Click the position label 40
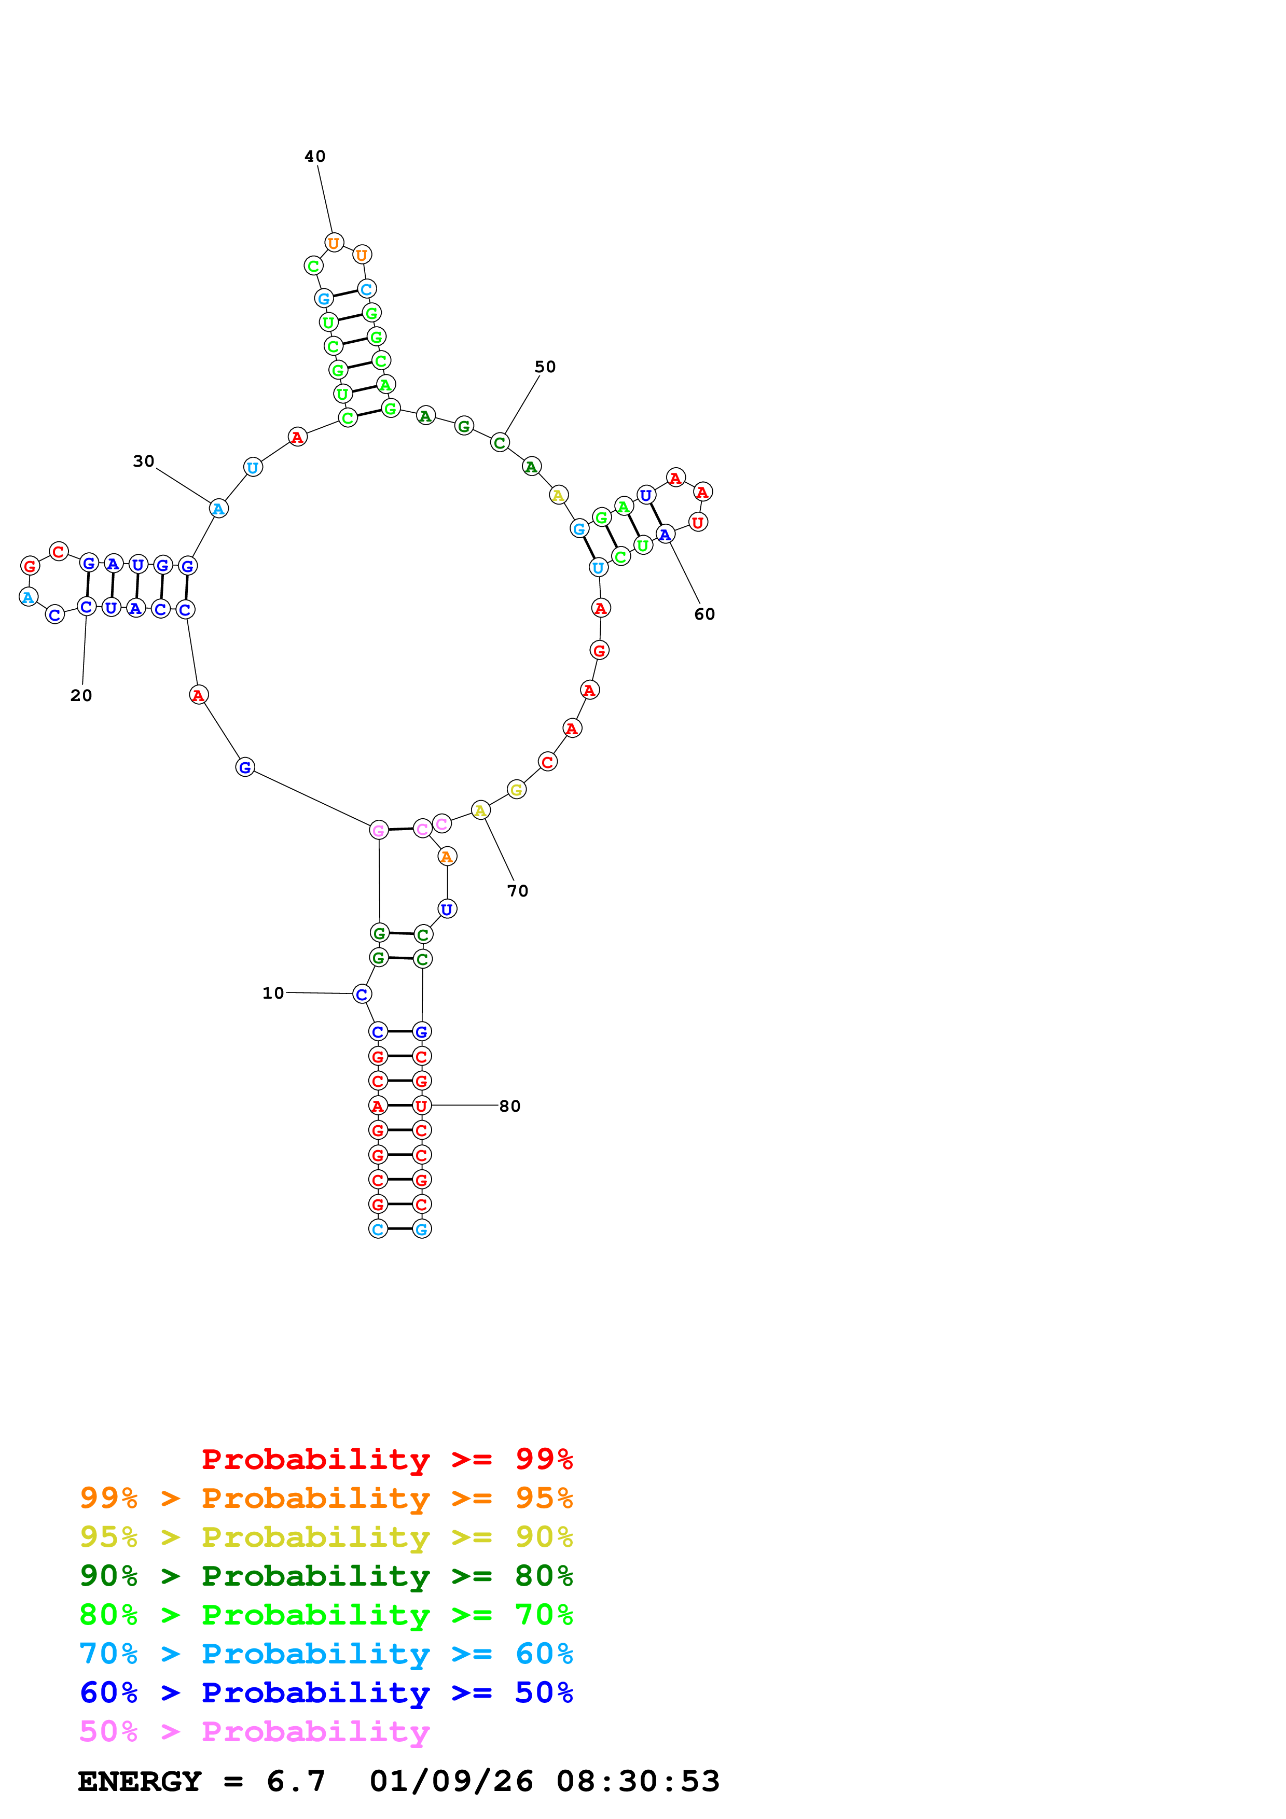point(314,156)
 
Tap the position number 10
point(273,992)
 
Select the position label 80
point(509,1106)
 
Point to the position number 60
point(704,614)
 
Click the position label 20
point(81,695)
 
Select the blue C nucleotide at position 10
point(362,994)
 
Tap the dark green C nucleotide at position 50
point(499,443)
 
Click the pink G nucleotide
point(379,830)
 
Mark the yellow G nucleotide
point(517,790)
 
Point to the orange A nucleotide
point(447,857)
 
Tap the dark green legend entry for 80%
point(326,1576)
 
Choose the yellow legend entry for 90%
point(326,1537)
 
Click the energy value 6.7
point(296,1781)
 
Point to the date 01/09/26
point(451,1781)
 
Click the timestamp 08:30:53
point(638,1781)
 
